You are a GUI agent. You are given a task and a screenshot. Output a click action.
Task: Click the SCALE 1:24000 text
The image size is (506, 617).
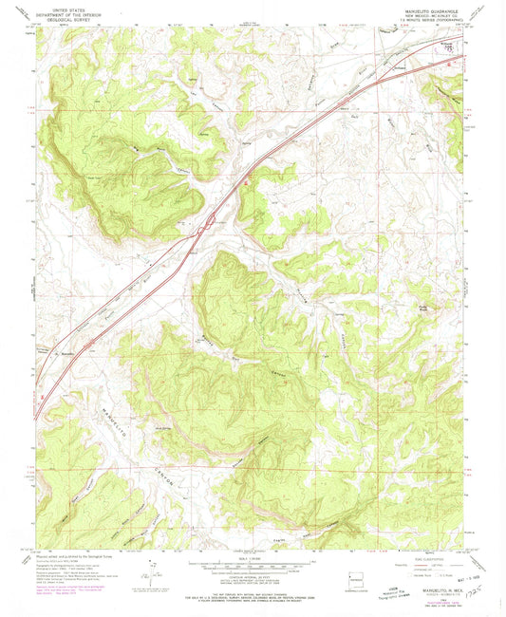(x=252, y=558)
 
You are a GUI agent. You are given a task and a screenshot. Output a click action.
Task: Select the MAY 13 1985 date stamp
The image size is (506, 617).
(x=478, y=577)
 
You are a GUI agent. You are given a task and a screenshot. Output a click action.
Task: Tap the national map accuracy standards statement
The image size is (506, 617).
(x=252, y=593)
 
